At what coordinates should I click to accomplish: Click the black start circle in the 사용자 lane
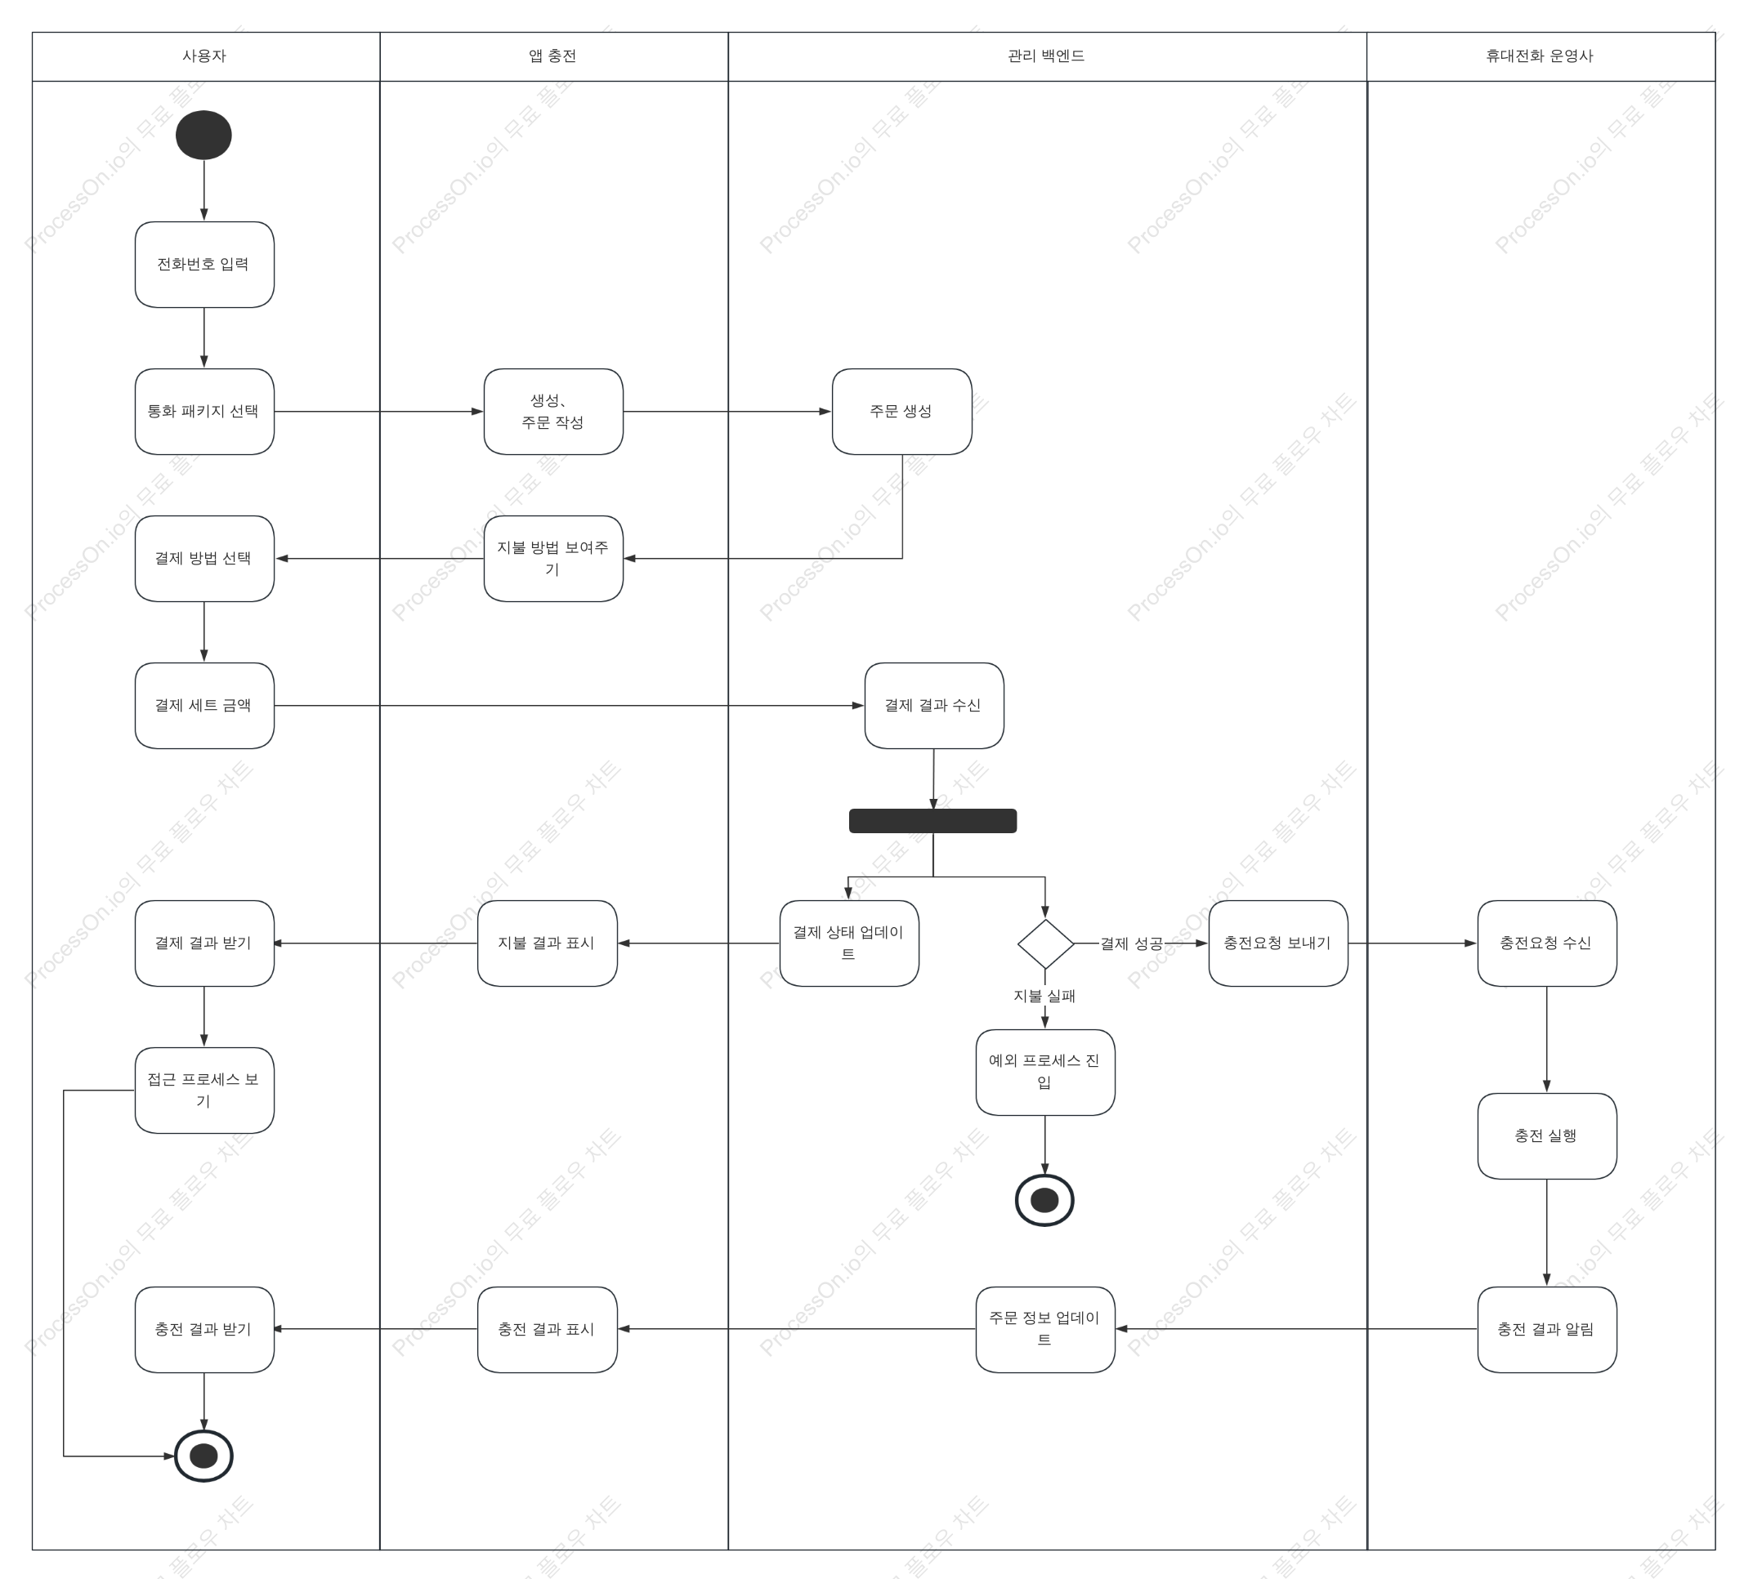(x=203, y=135)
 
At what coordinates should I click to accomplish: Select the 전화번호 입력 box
(x=204, y=265)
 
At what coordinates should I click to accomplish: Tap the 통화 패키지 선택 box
(x=204, y=412)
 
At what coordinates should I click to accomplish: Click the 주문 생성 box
(x=901, y=412)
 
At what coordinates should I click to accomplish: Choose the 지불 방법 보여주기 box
(x=552, y=559)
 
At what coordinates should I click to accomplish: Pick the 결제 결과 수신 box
(x=933, y=706)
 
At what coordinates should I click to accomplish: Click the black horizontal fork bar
(x=932, y=821)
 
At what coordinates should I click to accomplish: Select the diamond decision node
(x=1045, y=943)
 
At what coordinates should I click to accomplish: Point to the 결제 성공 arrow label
(x=1131, y=943)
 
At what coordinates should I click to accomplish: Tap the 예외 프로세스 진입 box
(x=1045, y=1073)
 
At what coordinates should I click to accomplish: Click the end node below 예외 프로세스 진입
(x=1044, y=1200)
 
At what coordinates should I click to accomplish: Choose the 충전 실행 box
(x=1547, y=1136)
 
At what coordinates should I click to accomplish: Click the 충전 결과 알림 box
(x=1547, y=1330)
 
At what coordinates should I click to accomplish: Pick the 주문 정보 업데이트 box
(x=1045, y=1330)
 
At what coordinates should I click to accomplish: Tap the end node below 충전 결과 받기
(x=203, y=1456)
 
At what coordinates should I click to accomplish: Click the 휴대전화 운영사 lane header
(x=1541, y=56)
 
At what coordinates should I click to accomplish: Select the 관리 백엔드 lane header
(x=1047, y=56)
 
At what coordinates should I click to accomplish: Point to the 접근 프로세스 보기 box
(x=204, y=1091)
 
